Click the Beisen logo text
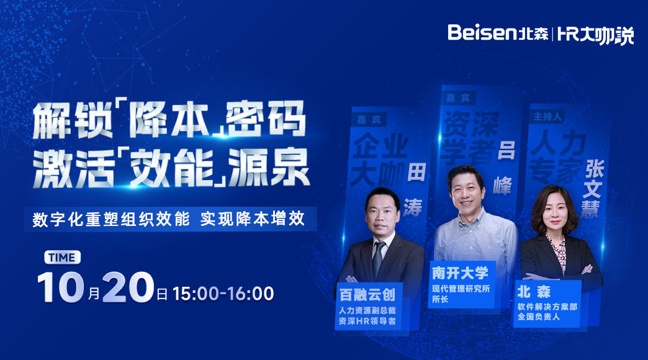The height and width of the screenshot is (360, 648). click(x=483, y=32)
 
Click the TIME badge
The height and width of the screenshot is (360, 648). click(x=63, y=258)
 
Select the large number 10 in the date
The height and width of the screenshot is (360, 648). click(x=61, y=287)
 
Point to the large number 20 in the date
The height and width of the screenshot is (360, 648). click(x=128, y=287)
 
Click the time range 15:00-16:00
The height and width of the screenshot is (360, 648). click(x=223, y=294)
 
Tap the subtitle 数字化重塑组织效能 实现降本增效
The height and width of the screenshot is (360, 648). click(x=169, y=219)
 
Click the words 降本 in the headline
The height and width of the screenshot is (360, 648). click(x=170, y=119)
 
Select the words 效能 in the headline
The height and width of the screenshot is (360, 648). click(x=172, y=168)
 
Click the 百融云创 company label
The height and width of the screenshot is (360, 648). click(x=367, y=295)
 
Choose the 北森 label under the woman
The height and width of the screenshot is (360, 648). click(x=534, y=292)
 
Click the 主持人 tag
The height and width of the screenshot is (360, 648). click(x=547, y=117)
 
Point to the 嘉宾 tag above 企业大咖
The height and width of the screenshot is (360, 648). click(x=369, y=120)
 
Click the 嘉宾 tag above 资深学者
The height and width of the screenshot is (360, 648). click(x=458, y=98)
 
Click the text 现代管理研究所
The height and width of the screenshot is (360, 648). click(x=461, y=289)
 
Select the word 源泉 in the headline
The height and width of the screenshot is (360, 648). click(x=268, y=168)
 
